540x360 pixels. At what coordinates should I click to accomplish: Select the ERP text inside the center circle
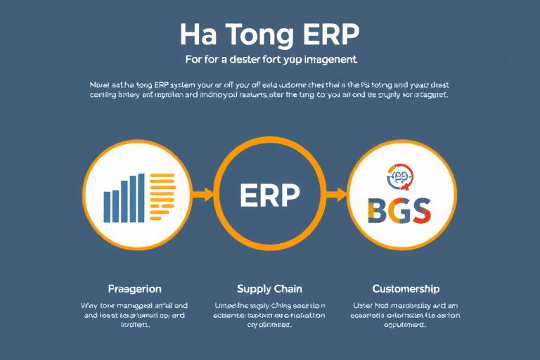tap(269, 195)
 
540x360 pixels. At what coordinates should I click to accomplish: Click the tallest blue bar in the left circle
tap(142, 198)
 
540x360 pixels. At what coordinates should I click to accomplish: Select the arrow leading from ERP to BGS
tap(338, 193)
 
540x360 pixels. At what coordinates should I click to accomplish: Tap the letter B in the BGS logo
tap(378, 210)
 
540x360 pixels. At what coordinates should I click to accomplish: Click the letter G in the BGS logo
tap(399, 210)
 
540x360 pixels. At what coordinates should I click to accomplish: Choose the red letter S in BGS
tap(420, 210)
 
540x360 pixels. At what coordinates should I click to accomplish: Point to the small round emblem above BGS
tap(399, 176)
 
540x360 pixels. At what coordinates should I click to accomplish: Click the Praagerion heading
tap(135, 289)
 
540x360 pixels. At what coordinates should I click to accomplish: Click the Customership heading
tap(406, 289)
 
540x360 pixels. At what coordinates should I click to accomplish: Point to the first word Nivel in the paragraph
tap(101, 82)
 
